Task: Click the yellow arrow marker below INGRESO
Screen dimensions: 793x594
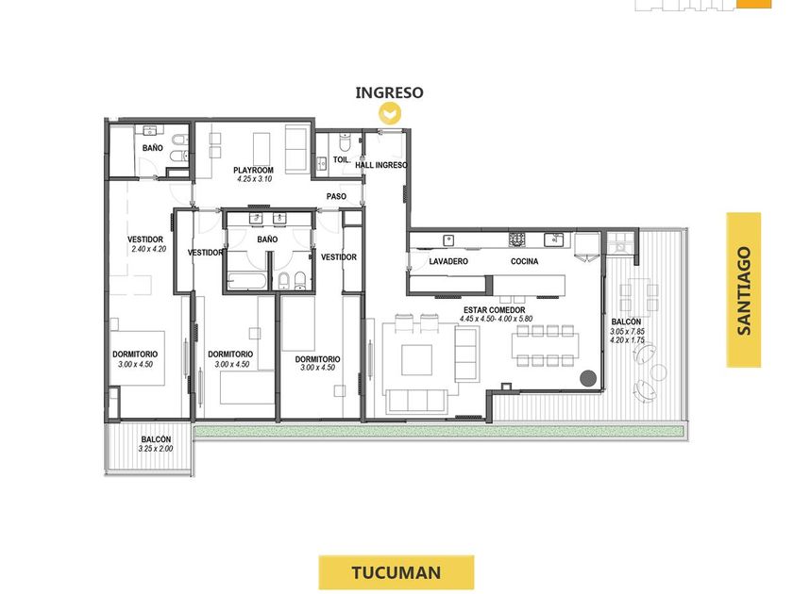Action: click(390, 113)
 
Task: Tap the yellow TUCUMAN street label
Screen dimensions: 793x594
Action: click(396, 572)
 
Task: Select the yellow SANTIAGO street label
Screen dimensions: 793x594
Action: click(744, 290)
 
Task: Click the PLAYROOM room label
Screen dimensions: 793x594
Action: click(253, 171)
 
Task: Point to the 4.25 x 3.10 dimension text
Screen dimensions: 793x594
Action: click(253, 179)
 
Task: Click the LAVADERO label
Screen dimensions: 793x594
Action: click(448, 261)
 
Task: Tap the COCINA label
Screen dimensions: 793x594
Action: click(525, 261)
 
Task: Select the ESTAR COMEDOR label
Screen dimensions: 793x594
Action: click(494, 309)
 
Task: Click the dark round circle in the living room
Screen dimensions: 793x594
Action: click(587, 378)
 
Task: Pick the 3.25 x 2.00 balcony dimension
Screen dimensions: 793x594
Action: click(155, 449)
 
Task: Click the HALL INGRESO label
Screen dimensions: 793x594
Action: click(381, 165)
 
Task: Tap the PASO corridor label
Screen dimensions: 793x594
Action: click(336, 196)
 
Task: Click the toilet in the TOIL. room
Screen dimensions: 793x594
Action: click(345, 143)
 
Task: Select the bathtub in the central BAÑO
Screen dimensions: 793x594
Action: click(246, 281)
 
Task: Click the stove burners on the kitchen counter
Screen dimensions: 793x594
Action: click(517, 239)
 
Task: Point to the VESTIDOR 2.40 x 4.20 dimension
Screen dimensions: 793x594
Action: click(149, 249)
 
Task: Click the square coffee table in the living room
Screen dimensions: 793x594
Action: click(416, 359)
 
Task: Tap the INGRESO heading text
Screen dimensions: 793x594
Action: click(389, 92)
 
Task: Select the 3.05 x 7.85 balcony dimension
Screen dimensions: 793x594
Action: click(627, 331)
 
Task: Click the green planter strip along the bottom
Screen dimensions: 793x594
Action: click(439, 431)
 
